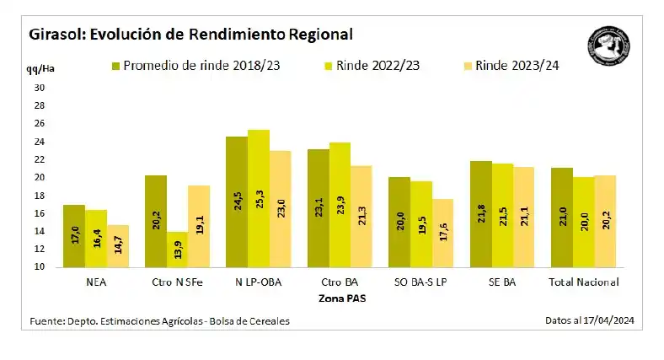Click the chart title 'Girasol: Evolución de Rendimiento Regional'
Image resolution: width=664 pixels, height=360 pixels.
coord(190,35)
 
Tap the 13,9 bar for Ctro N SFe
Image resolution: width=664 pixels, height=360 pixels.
coord(177,250)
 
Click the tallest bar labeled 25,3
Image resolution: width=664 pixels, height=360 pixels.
coord(259,199)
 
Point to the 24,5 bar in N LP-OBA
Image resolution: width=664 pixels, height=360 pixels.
coord(237,202)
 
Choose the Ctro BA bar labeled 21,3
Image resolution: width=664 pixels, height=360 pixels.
coord(361,217)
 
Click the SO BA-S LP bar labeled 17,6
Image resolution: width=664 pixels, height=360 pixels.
coord(442,234)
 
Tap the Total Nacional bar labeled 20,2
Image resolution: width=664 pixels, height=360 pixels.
coord(604,222)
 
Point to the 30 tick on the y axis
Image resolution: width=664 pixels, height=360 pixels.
coord(39,88)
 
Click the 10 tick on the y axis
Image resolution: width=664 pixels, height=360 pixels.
coord(39,267)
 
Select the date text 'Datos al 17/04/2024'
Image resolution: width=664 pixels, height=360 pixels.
coord(590,320)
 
